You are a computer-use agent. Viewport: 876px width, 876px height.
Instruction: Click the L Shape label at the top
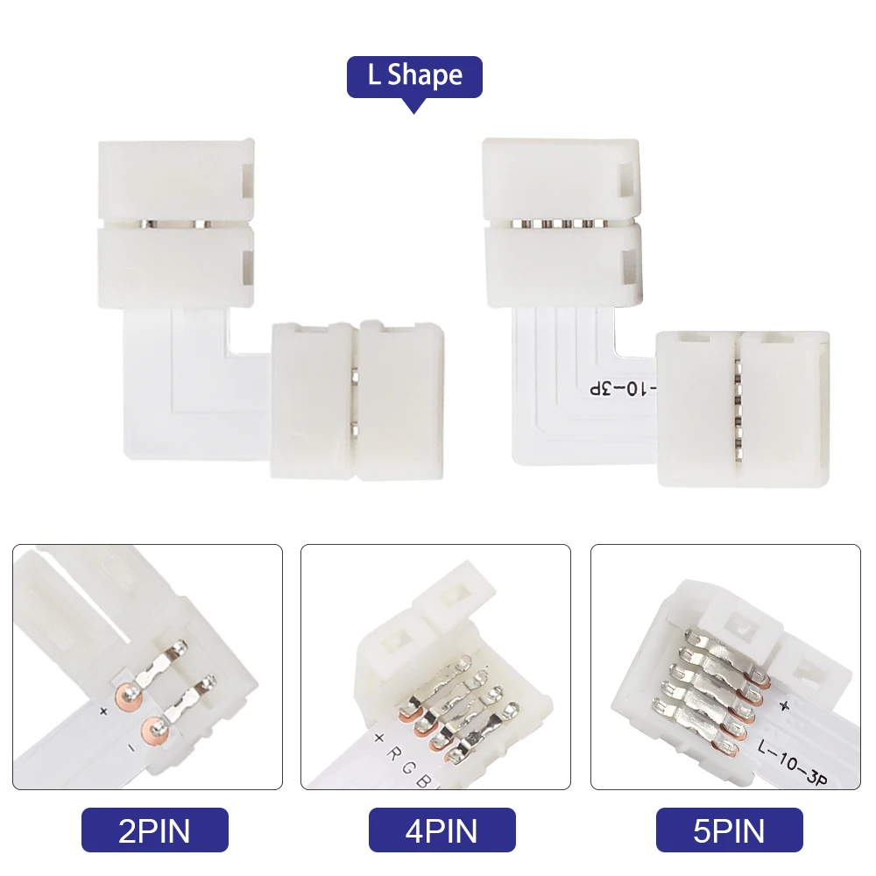414,76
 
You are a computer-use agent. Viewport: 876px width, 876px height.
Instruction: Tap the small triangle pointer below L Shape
414,106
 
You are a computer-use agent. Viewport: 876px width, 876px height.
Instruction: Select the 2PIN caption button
154,830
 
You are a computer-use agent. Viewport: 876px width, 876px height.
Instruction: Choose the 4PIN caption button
442,830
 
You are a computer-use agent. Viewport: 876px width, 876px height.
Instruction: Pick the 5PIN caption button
729,830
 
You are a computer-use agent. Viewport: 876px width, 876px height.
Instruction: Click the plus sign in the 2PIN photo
103,711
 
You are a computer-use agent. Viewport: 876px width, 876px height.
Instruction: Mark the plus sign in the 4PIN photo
378,738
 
